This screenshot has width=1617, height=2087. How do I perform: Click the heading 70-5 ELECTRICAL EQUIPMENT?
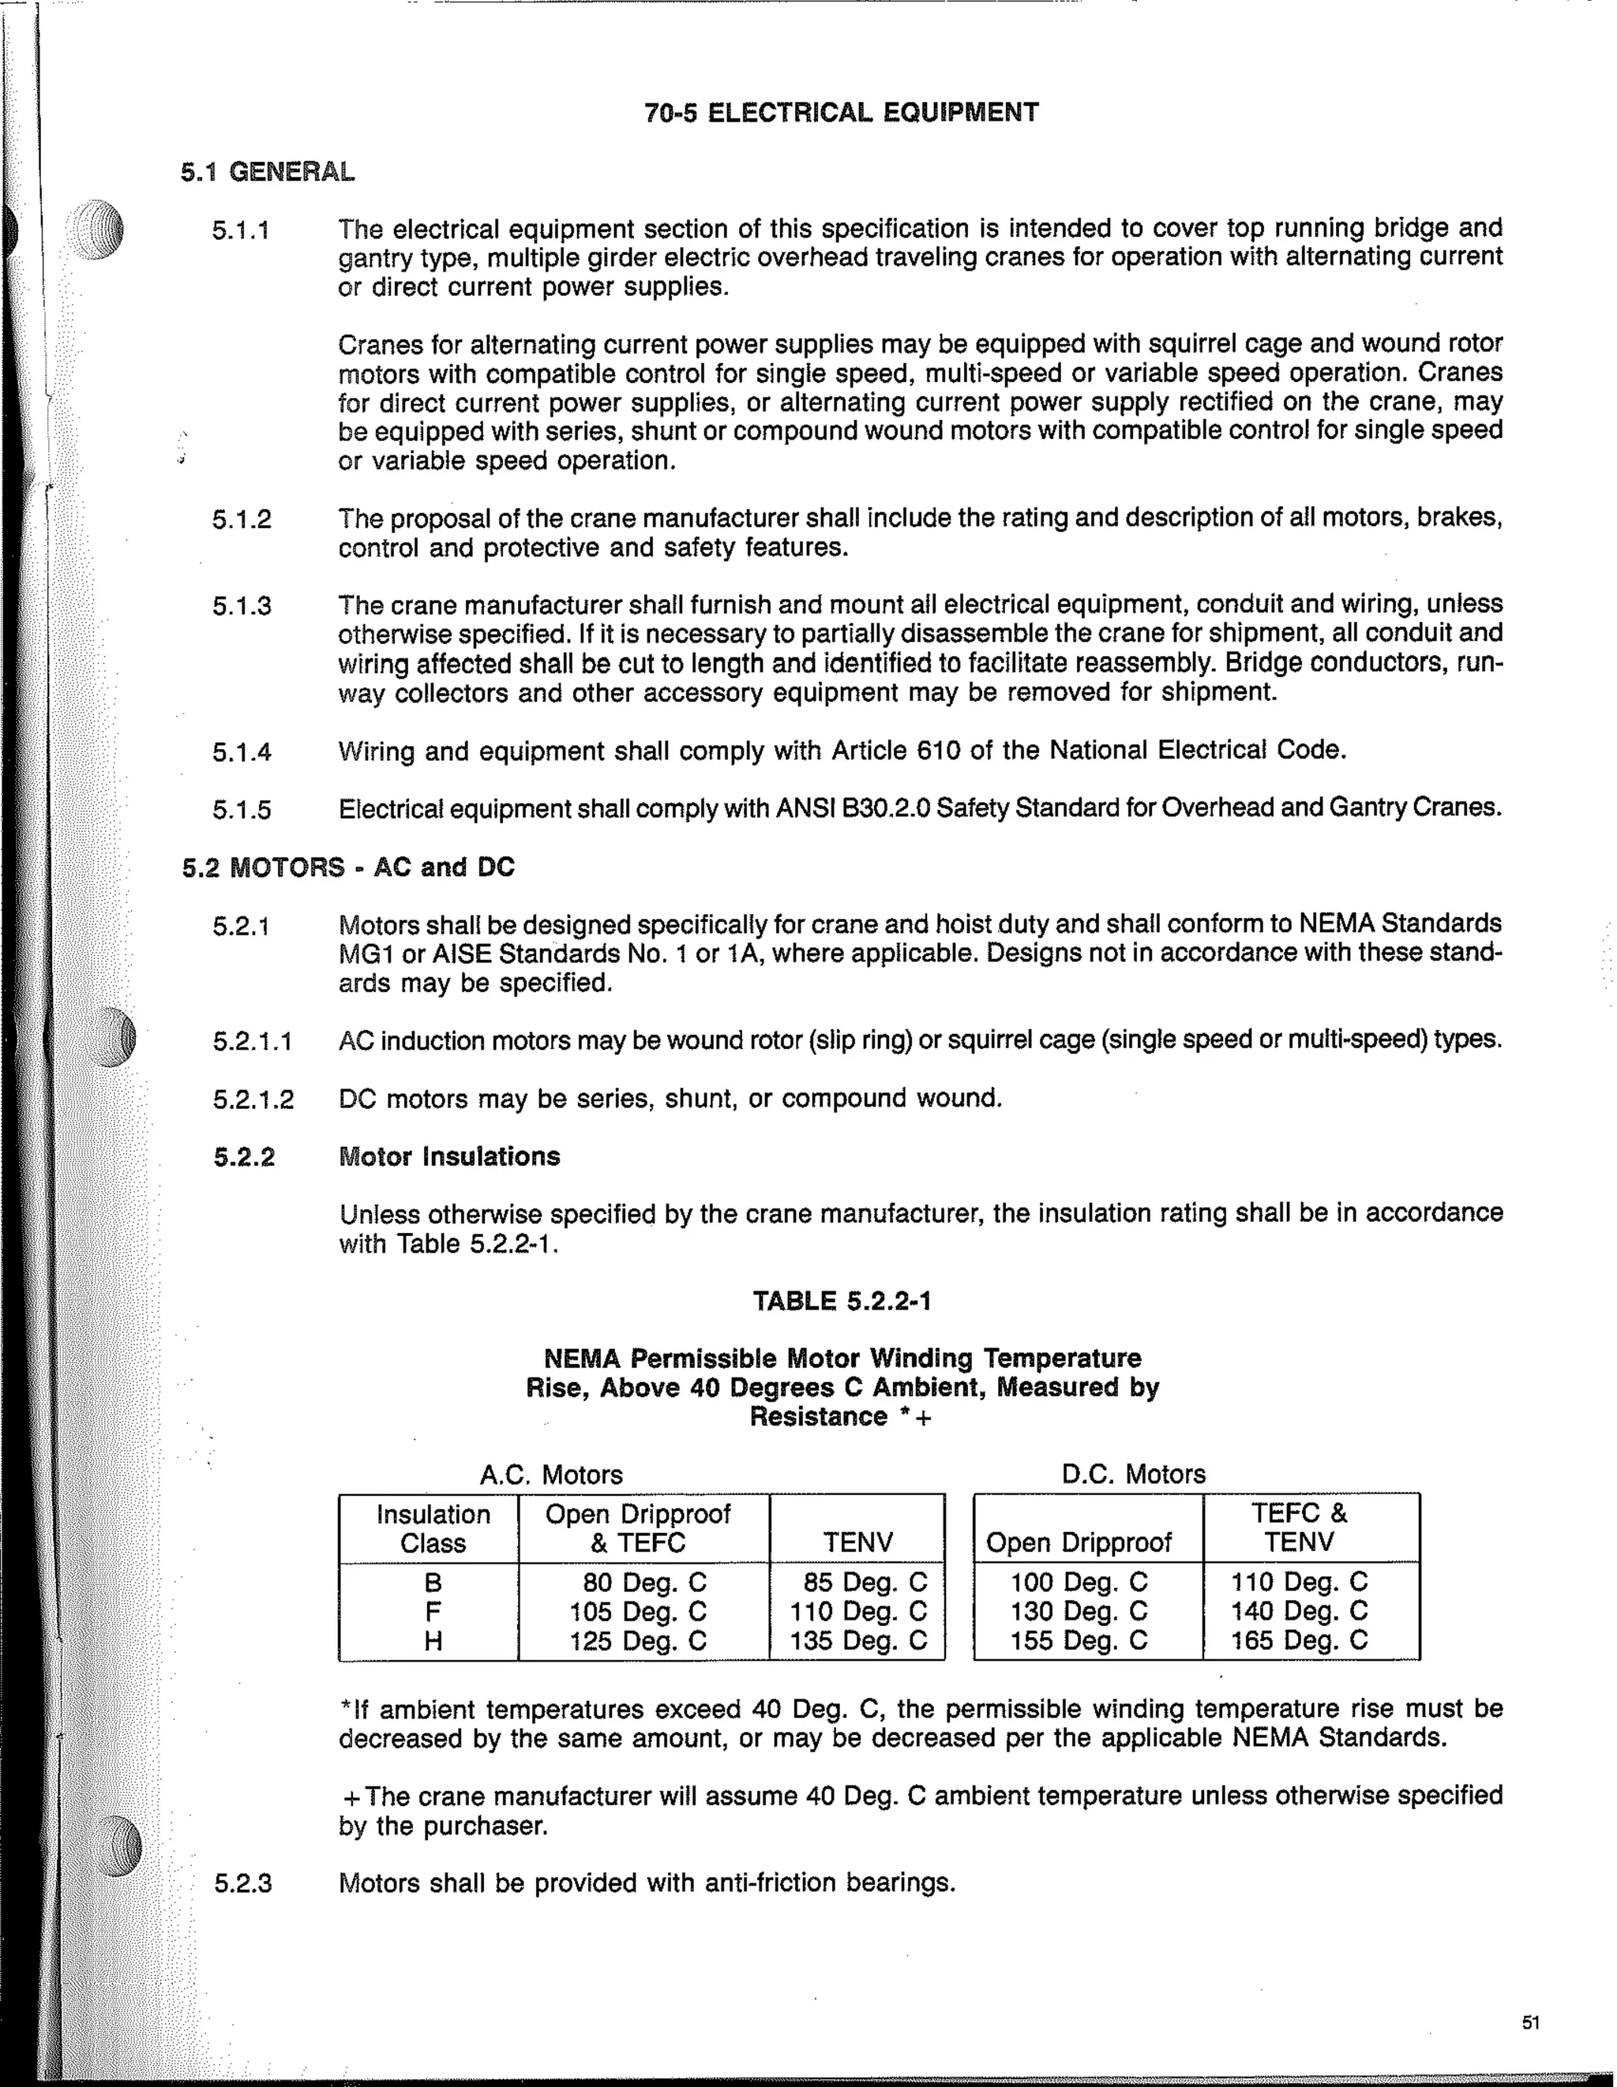[x=841, y=113]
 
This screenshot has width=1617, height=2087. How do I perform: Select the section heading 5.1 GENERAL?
[x=268, y=172]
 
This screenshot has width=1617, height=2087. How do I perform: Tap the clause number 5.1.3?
[x=242, y=606]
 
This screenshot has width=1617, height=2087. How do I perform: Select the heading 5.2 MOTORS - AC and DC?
[x=348, y=867]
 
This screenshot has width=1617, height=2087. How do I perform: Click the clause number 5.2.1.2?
[x=253, y=1099]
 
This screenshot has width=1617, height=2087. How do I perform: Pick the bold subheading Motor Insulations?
[x=449, y=1156]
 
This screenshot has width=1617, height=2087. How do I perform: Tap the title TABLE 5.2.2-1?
[x=841, y=1301]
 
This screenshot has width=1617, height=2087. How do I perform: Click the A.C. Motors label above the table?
[x=550, y=1474]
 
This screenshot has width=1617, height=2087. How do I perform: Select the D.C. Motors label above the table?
[x=1134, y=1474]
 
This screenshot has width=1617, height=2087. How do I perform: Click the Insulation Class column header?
[x=433, y=1528]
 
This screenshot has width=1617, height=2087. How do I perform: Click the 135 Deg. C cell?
[x=857, y=1641]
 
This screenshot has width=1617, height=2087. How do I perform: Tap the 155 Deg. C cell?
[x=1079, y=1641]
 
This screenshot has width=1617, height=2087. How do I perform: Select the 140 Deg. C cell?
[x=1299, y=1611]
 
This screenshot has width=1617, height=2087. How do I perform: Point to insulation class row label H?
[x=433, y=1642]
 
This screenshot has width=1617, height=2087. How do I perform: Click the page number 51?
[x=1530, y=2022]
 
